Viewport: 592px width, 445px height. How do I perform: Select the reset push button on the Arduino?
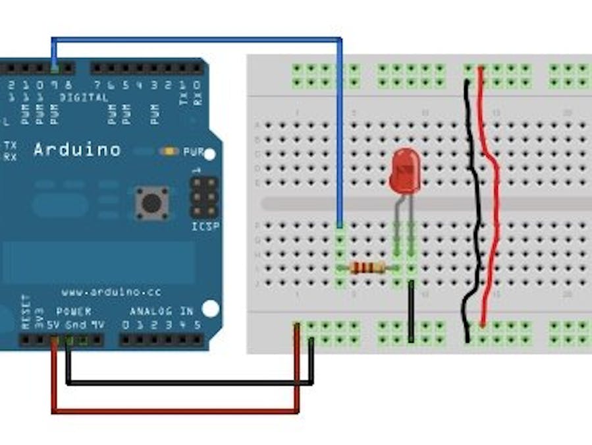(152, 203)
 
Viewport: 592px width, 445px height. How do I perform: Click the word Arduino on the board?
(77, 150)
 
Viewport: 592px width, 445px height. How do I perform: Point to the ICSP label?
(205, 226)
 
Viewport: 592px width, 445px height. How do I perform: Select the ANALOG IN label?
(161, 311)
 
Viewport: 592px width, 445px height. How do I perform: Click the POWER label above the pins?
(74, 311)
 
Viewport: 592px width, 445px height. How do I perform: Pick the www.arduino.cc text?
(111, 291)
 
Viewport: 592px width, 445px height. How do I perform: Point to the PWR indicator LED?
(169, 152)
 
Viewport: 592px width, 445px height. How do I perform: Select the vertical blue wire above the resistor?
(340, 132)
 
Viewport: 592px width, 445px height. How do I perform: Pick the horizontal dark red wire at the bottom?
(175, 411)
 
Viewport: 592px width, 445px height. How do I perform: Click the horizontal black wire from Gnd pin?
(188, 382)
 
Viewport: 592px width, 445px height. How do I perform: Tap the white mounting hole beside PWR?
(210, 155)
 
